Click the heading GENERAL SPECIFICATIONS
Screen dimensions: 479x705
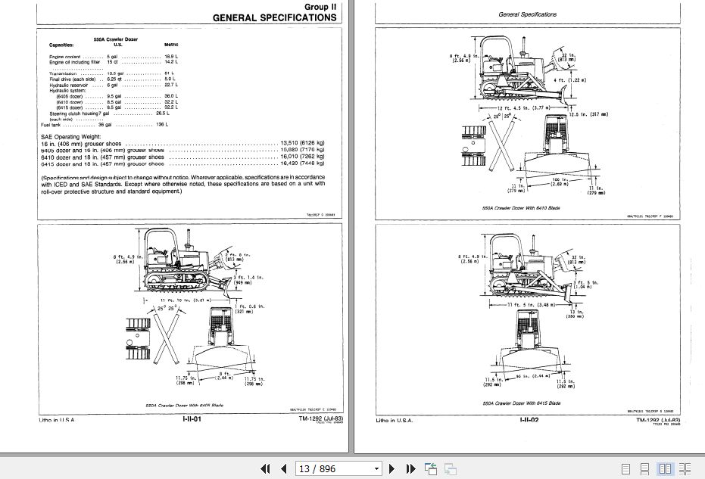pyautogui.click(x=274, y=17)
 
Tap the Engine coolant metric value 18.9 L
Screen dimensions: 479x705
pyautogui.click(x=170, y=56)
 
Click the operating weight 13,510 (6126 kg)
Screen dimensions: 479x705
pyautogui.click(x=302, y=142)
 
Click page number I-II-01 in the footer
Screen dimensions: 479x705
pyautogui.click(x=191, y=420)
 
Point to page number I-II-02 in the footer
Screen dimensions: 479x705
pyautogui.click(x=529, y=420)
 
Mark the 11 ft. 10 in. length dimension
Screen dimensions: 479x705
pyautogui.click(x=188, y=301)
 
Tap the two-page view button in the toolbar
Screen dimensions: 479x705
pyautogui.click(x=665, y=469)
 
